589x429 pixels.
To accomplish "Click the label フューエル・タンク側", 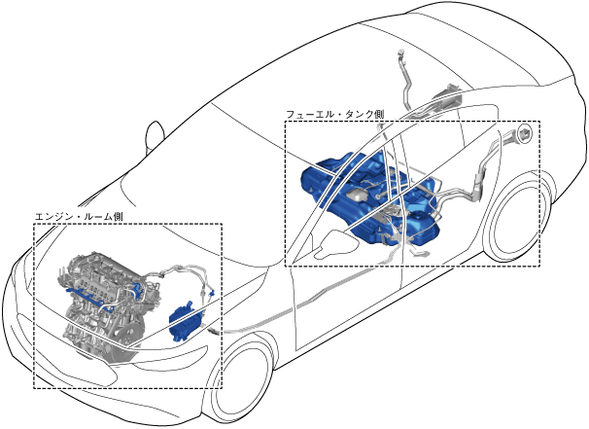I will coord(333,115).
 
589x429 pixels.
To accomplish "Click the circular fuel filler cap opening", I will coord(526,133).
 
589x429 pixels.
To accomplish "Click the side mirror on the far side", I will coord(154,134).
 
